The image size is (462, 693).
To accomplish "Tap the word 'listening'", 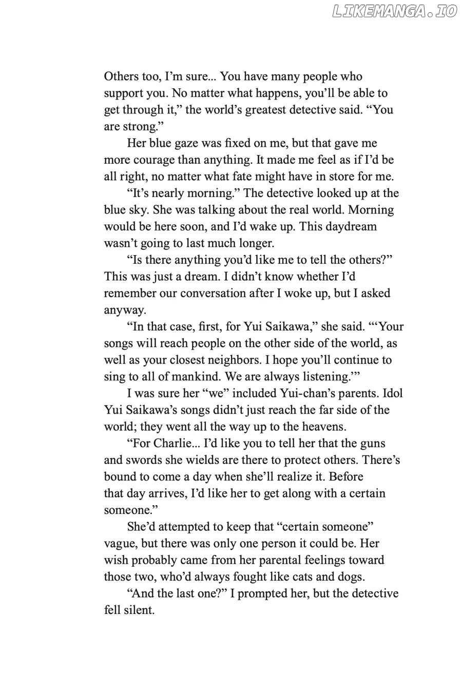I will tap(321, 376).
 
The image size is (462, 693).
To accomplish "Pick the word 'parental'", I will tap(273, 560).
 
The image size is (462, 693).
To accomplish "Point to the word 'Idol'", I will tap(392, 393).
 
